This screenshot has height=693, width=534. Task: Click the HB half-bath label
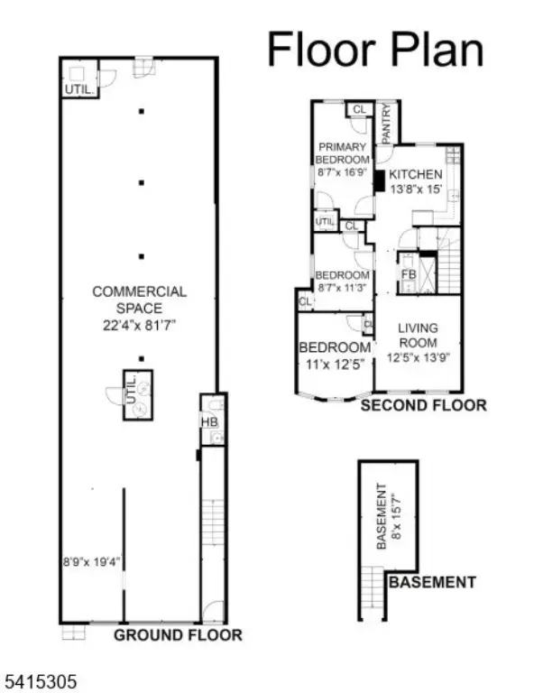click(x=208, y=420)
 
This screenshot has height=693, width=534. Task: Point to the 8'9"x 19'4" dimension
click(x=92, y=560)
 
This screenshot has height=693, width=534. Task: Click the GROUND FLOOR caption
click(x=178, y=635)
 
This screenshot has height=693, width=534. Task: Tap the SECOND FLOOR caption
click(x=423, y=406)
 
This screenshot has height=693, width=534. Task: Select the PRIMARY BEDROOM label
click(x=342, y=153)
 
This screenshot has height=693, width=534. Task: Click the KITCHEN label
click(x=415, y=174)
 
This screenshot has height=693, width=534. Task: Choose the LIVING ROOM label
click(x=418, y=336)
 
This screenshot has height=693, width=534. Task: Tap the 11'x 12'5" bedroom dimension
click(x=335, y=365)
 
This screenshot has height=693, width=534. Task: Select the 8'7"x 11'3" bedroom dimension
click(x=342, y=289)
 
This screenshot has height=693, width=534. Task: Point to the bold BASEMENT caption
click(x=431, y=582)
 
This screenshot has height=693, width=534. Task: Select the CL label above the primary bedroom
click(x=359, y=109)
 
